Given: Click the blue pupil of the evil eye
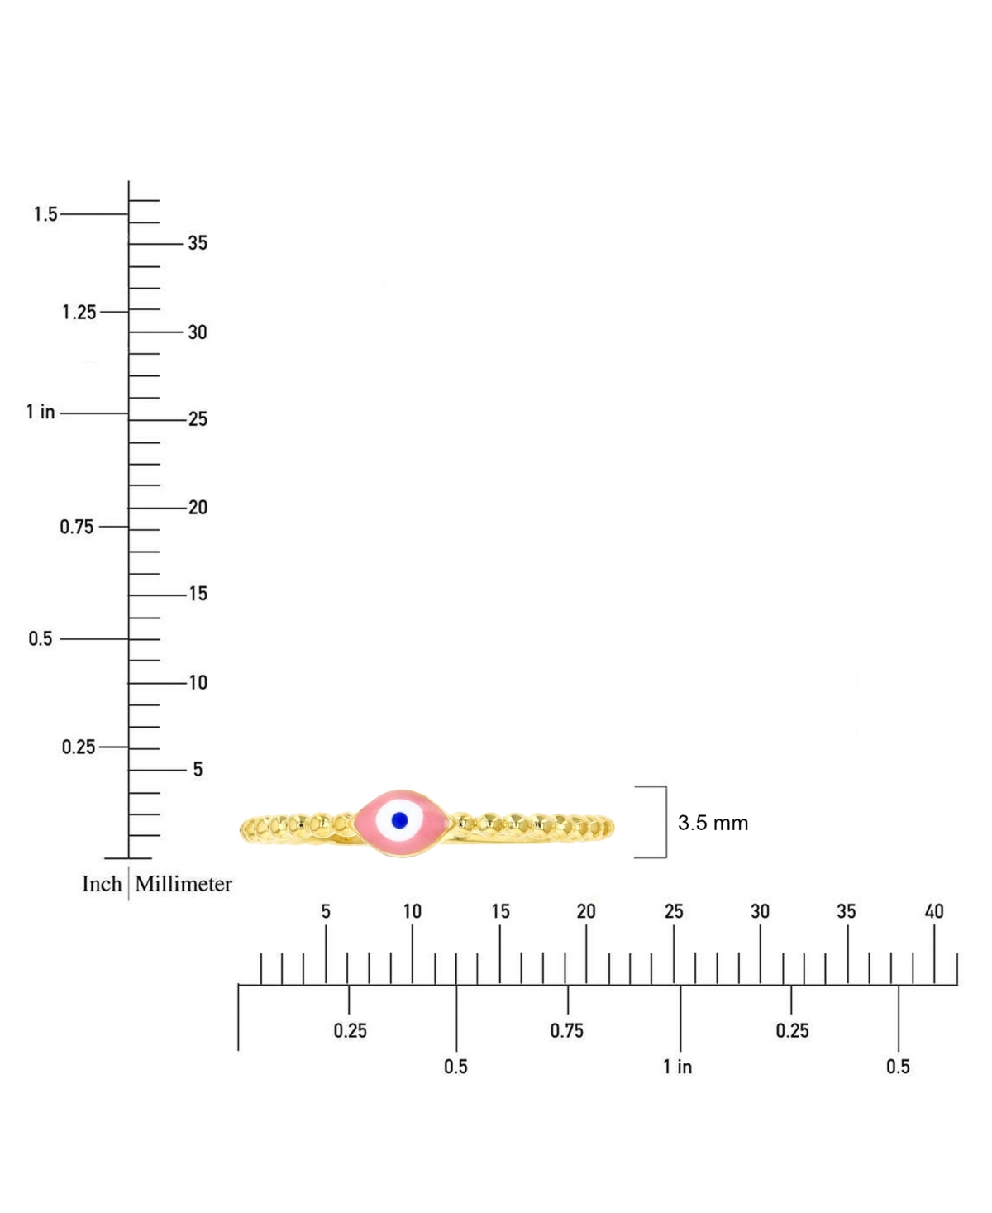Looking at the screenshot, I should pos(399,820).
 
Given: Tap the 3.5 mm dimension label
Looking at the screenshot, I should pos(713,823).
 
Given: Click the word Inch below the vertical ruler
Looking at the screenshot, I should pos(102,884).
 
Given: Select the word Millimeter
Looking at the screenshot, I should pos(184,884).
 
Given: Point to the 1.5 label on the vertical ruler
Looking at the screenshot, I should pos(45,214).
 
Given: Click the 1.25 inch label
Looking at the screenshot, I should pos(79,313).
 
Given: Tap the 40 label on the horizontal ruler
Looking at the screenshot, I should pos(934,911).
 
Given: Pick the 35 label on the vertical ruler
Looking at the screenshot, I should pos(198,243).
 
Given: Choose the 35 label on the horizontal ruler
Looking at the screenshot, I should pos(847,911).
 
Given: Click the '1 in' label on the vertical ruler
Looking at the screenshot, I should pos(41,412).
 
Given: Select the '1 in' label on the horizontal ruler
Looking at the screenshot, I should pos(677,1067).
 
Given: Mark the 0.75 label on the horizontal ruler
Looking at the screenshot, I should pos(567,1030).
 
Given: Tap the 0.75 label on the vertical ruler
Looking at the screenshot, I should pos(77,527).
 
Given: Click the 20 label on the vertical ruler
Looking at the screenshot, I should pos(198,508).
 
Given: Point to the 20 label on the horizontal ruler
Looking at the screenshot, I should pos(586,911).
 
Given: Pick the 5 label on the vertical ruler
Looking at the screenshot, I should pos(198,770).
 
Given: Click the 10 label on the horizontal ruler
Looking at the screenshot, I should pos(412,911).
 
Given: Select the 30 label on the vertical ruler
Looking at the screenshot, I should pos(198,332).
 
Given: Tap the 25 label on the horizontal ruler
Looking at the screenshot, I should pos(674,911).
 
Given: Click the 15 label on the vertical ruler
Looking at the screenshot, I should pos(198,594).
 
